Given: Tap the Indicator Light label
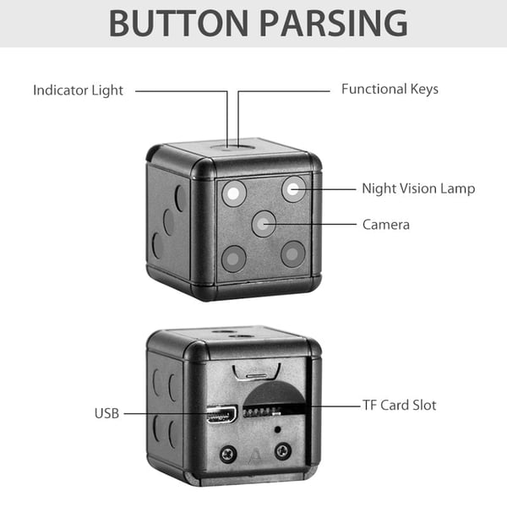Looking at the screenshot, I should point(79,90).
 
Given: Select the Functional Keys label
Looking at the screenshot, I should point(390,89).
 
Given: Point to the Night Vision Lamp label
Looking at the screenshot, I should point(418,188).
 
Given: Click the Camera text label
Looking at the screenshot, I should point(385,224).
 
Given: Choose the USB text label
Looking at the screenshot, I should point(106,413).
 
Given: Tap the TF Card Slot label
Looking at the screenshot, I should point(401,405).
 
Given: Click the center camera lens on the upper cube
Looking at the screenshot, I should point(263,224).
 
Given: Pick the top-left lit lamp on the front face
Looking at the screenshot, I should point(233,194).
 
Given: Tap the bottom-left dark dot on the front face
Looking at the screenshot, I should point(234,257).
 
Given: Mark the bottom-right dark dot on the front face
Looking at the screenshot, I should point(292,253).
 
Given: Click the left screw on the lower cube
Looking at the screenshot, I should point(226,453).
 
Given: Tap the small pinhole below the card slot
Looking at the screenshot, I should point(279,429).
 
